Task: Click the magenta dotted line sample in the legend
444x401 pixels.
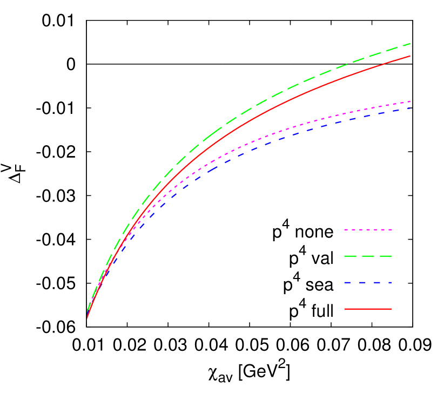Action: [368, 230]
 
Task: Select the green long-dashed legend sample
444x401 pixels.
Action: [368, 256]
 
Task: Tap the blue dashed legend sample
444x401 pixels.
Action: [368, 282]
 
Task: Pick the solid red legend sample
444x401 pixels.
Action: [368, 309]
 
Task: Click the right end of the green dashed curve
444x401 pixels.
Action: [409, 44]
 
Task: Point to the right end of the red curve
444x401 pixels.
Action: [409, 56]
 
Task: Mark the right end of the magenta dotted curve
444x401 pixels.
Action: [409, 101]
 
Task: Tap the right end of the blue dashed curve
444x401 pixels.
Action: [409, 108]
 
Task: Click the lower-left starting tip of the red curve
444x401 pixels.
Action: [88, 318]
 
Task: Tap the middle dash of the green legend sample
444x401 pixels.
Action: [368, 256]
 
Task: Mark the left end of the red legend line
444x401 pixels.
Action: [345, 309]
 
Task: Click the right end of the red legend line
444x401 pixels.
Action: [391, 309]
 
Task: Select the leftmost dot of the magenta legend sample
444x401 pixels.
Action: [346, 230]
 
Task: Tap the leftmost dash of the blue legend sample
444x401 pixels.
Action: [347, 282]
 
